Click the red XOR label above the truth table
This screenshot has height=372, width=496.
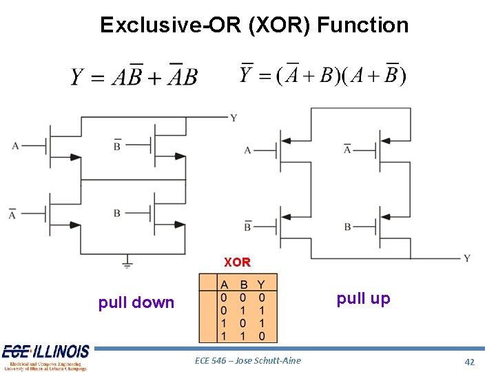pos(237,262)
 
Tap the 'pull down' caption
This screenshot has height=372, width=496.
pos(136,302)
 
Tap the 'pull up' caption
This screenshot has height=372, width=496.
pos(363,298)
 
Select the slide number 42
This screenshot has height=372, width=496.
pos(470,361)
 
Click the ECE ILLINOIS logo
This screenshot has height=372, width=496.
pos(45,357)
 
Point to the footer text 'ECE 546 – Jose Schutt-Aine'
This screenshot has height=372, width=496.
pos(247,360)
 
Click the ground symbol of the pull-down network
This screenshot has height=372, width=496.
pos(127,261)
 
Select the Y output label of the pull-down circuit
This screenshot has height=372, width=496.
pos(234,118)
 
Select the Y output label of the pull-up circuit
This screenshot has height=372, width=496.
pos(466,258)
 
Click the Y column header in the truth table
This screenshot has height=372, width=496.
pos(260,284)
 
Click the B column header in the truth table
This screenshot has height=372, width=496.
pos(243,284)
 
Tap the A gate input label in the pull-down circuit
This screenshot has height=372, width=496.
pos(15,145)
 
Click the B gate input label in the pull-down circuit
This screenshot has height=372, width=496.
pos(117,213)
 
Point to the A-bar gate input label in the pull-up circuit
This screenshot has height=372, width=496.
pos(347,148)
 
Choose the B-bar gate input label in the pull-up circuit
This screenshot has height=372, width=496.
pos(247,225)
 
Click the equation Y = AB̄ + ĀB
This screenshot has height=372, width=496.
pos(134,76)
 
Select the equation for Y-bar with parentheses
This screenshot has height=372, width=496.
pos(322,73)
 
